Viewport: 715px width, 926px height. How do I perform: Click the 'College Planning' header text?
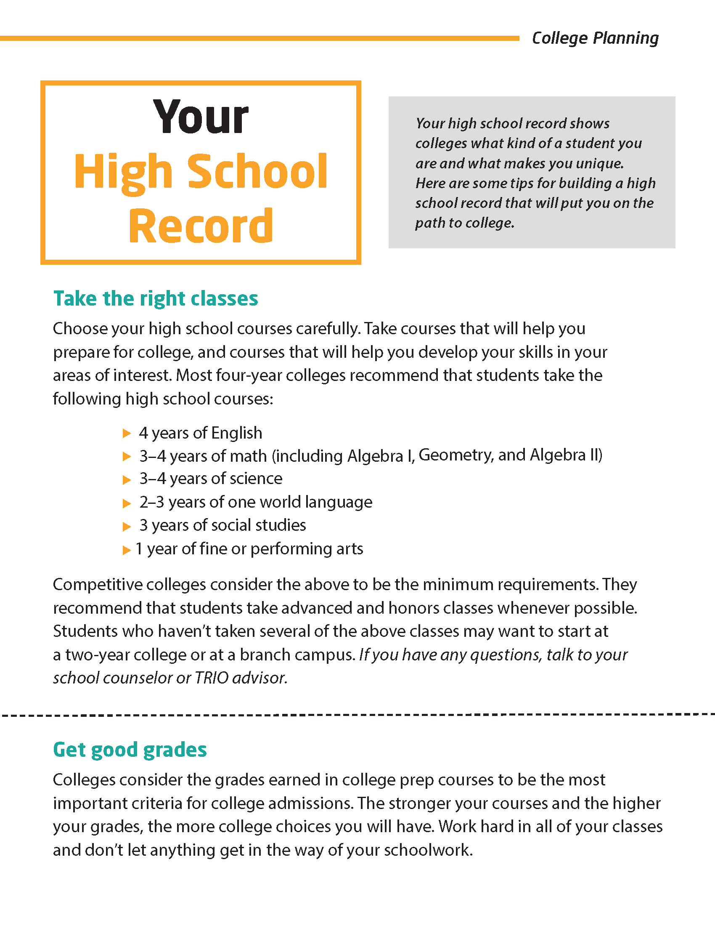pos(595,38)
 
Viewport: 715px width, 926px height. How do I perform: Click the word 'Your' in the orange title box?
pos(201,117)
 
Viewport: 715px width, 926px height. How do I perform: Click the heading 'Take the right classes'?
pos(156,298)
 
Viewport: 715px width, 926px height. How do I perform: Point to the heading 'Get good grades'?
pos(130,750)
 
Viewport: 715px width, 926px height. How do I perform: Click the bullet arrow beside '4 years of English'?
pos(127,433)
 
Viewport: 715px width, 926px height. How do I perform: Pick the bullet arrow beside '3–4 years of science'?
pos(127,479)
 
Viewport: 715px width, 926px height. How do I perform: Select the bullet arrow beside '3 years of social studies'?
pos(127,526)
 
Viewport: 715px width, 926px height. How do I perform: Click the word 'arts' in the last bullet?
pos(350,549)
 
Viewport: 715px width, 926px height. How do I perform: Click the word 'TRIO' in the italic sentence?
pos(212,678)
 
